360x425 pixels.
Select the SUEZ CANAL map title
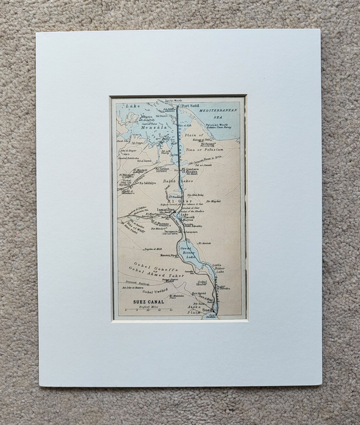coord(148,302)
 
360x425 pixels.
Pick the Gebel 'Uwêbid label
coord(155,292)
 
